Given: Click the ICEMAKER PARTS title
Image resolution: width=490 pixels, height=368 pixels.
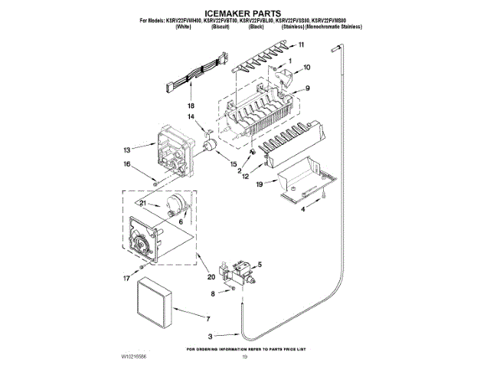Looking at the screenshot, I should pyautogui.click(x=245, y=13).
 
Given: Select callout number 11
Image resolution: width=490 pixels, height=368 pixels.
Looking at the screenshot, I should pyautogui.click(x=301, y=46).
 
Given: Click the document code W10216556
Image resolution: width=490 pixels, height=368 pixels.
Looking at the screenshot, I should pyautogui.click(x=132, y=357).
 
